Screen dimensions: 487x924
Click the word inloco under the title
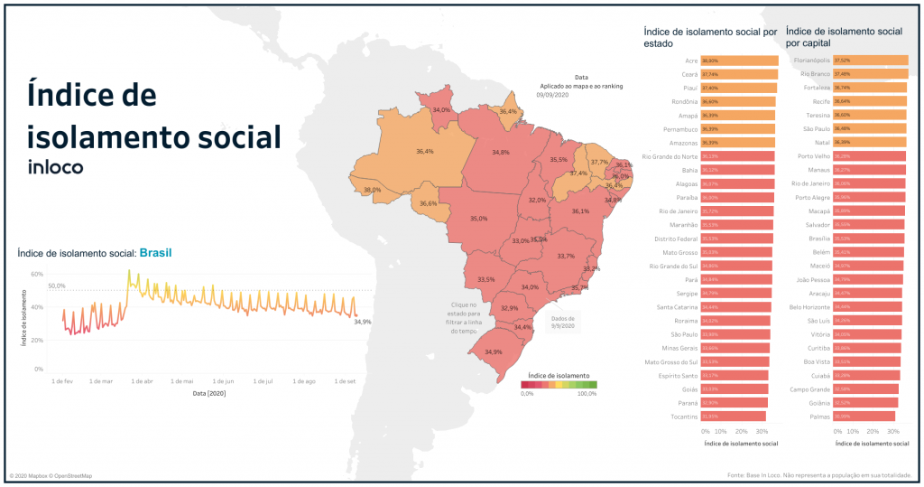tap(56, 167)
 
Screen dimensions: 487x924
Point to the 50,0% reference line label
tap(57, 286)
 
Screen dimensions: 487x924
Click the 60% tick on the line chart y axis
tap(38, 274)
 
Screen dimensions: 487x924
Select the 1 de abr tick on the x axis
tap(143, 381)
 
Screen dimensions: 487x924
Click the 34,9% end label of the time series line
tap(362, 321)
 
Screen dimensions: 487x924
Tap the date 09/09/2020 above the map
tap(552, 94)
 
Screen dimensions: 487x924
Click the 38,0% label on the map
tap(372, 191)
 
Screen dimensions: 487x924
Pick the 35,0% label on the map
tap(479, 218)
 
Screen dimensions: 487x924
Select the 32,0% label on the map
tap(537, 200)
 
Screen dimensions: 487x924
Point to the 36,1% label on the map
tap(580, 211)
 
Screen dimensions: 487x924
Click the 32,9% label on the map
tap(510, 308)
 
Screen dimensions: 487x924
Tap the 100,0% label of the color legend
tap(587, 394)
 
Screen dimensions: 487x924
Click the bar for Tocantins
tap(735, 417)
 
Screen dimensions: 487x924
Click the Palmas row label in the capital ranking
tap(819, 417)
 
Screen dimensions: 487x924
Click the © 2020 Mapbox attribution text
tap(51, 476)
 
